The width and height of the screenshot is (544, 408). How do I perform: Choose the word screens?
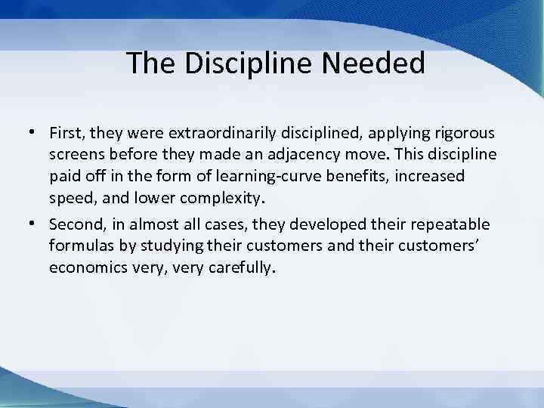[x=76, y=154]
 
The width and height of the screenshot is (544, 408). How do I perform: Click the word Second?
[x=74, y=225]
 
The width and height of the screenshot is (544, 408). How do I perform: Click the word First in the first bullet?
[x=66, y=134]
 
